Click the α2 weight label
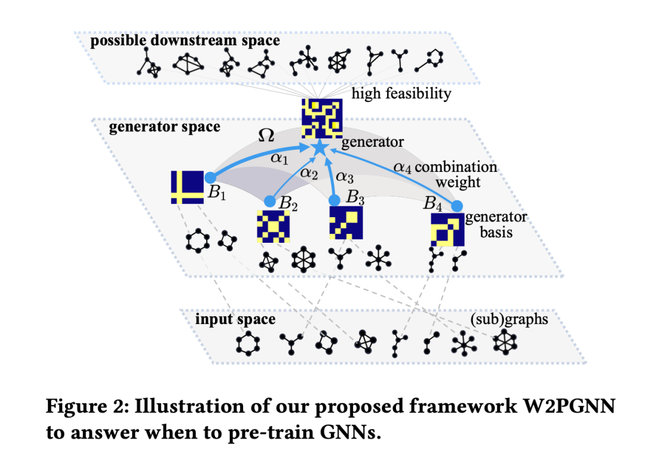tap(309, 173)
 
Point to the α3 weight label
tap(345, 177)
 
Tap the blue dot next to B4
tap(457, 206)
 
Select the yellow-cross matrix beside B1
tap(188, 187)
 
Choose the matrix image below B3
tap(346, 223)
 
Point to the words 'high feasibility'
tap(401, 93)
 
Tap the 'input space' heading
tap(235, 319)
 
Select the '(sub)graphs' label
tap(509, 319)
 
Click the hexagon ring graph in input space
tap(247, 345)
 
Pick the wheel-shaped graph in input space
tap(506, 343)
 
